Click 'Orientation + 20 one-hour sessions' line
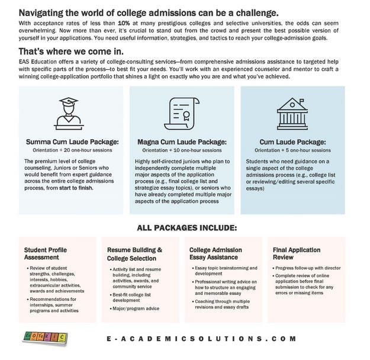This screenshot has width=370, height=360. (x=70, y=150)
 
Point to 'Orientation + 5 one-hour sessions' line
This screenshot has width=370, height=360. (x=294, y=150)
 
